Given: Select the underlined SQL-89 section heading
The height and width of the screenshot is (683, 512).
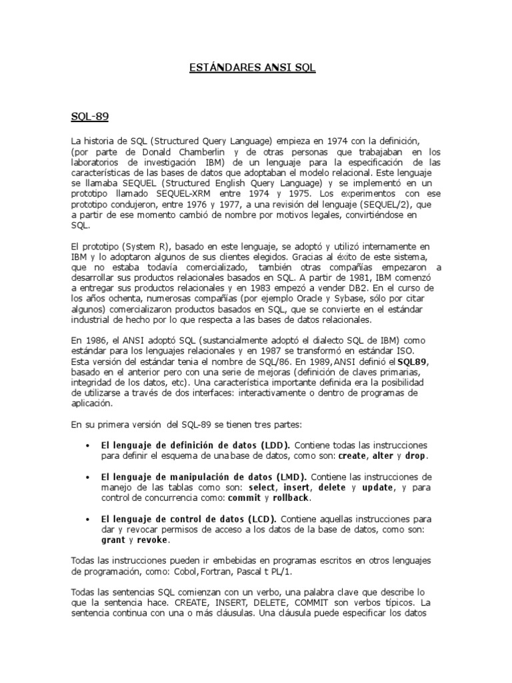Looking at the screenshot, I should pos(90,116).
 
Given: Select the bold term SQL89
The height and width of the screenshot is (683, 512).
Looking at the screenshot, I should pos(413,362).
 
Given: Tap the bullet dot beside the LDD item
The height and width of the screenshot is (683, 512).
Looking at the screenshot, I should pos(89,445).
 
